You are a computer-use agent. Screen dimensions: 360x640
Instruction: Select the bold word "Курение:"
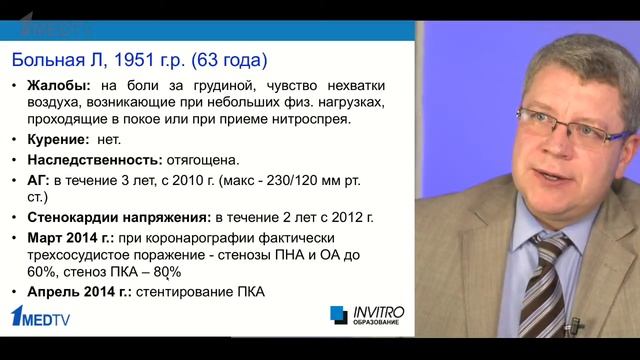coord(61,141)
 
